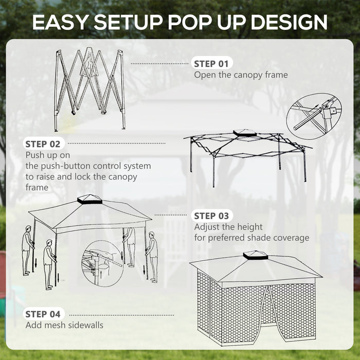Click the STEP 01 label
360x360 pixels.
(211, 64)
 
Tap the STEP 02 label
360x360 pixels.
(45, 143)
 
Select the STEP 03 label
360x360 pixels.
(211, 215)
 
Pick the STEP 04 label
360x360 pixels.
(45, 313)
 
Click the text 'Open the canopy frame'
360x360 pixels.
(241, 75)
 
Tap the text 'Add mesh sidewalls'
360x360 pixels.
(64, 325)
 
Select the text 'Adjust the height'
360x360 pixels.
(228, 227)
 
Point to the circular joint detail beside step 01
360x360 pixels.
(314, 116)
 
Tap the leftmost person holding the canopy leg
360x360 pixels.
(27, 251)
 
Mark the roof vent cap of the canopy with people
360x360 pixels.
(90, 199)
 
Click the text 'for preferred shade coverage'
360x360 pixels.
(251, 238)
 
